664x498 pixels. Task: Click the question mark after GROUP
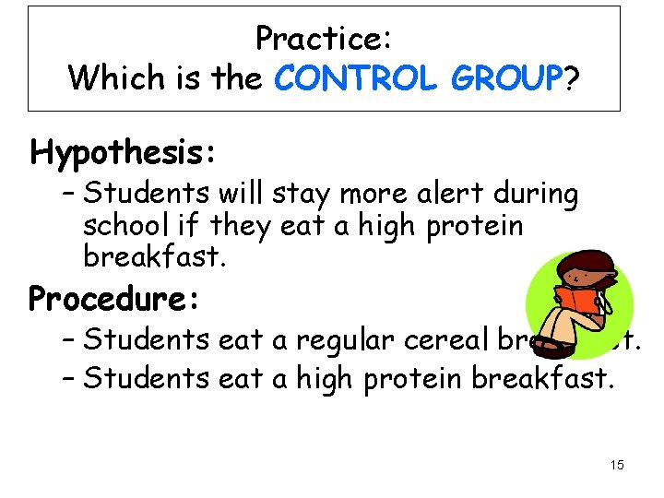(573, 78)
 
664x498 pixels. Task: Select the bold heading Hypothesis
(124, 151)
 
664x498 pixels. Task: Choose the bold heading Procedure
(115, 299)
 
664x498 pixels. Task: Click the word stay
(294, 195)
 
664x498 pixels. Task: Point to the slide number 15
(617, 465)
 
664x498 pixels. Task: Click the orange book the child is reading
(574, 304)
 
